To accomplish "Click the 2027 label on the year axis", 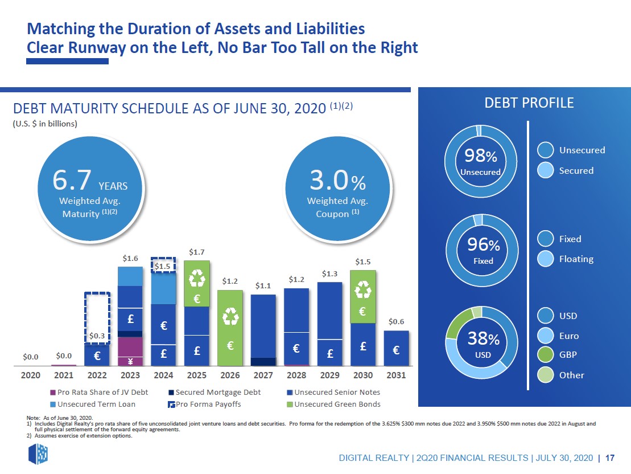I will pyautogui.click(x=263, y=376).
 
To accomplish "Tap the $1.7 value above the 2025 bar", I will pyautogui.click(x=197, y=251).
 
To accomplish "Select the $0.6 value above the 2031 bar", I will pyautogui.click(x=397, y=322).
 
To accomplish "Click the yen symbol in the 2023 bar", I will pyautogui.click(x=130, y=360).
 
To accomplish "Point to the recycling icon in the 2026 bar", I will pyautogui.click(x=230, y=317).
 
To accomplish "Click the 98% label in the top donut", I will pyautogui.click(x=480, y=156).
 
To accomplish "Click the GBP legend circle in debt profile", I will pyautogui.click(x=546, y=355).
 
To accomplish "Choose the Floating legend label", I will pyautogui.click(x=576, y=259).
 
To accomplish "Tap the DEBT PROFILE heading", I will pyautogui.click(x=529, y=103).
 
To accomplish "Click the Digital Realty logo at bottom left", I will pyautogui.click(x=38, y=453).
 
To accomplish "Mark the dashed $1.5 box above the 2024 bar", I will pyautogui.click(x=164, y=265).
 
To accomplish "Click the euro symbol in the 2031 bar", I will pyautogui.click(x=396, y=350).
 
